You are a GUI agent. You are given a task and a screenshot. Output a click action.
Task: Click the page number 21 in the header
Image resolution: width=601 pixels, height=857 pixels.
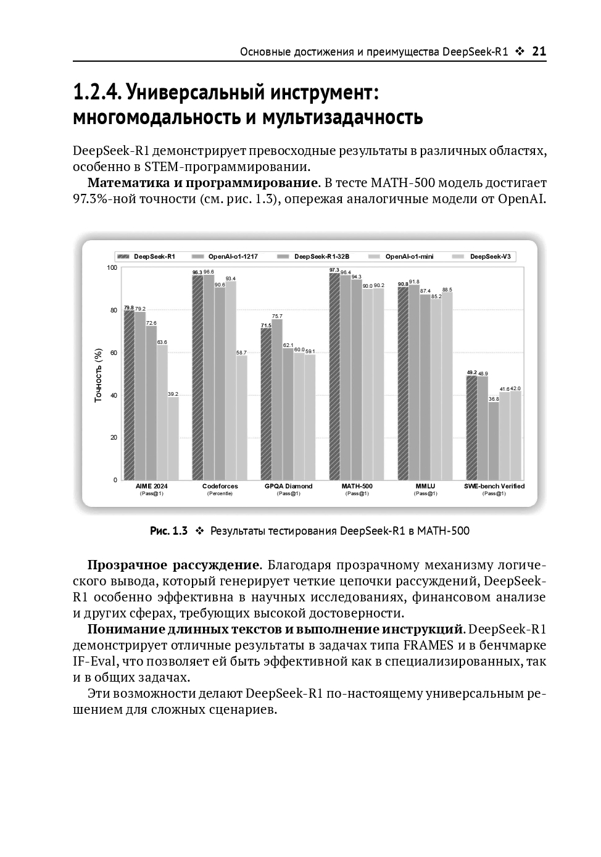[539, 52]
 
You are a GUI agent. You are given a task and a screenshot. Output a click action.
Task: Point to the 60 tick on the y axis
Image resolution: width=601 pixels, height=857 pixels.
[113, 353]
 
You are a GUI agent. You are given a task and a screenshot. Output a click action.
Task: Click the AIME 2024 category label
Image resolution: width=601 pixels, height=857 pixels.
[151, 486]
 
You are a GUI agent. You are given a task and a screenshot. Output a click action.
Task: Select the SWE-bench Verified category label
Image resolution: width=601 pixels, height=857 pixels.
[494, 486]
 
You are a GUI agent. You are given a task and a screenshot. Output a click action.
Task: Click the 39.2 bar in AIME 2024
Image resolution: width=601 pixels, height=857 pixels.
[173, 438]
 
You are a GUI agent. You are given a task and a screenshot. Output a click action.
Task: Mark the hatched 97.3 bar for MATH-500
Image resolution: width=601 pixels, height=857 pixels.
[334, 377]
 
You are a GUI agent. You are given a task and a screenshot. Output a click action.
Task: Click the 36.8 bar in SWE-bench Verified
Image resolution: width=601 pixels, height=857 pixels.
[494, 441]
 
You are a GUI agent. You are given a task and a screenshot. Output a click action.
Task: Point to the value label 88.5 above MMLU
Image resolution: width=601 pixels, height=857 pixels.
[447, 290]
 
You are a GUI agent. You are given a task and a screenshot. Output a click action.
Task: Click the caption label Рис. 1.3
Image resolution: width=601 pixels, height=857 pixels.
[168, 531]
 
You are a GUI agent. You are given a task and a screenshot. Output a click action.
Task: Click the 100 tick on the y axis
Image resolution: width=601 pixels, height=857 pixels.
[112, 267]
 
